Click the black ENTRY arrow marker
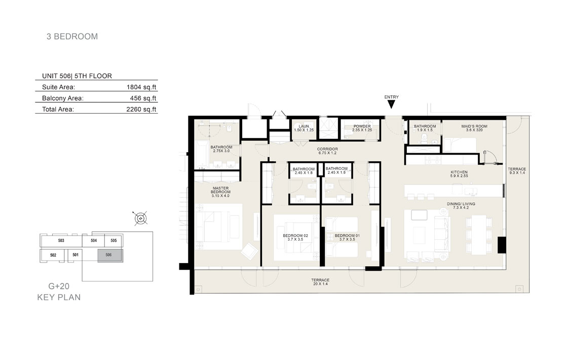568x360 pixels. tap(391, 104)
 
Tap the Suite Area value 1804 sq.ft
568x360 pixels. tap(141, 87)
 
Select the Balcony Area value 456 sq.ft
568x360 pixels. tap(143, 98)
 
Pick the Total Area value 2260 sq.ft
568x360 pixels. tap(141, 110)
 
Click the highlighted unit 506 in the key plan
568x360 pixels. tap(110, 255)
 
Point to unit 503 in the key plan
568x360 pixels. tap(61, 241)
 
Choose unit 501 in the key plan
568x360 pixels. tap(75, 255)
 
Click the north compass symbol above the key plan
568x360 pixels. tap(140, 219)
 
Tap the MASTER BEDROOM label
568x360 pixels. tap(220, 192)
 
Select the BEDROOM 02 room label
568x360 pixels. tap(295, 237)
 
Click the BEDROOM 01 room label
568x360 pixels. tap(347, 237)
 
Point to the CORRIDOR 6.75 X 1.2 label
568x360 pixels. tap(327, 151)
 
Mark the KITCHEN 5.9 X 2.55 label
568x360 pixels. tap(459, 174)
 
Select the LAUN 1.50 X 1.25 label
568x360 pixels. tap(304, 128)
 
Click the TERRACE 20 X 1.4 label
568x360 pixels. tap(320, 282)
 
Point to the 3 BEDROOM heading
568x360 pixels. tap(72, 37)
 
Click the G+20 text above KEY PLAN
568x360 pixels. tap(59, 286)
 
